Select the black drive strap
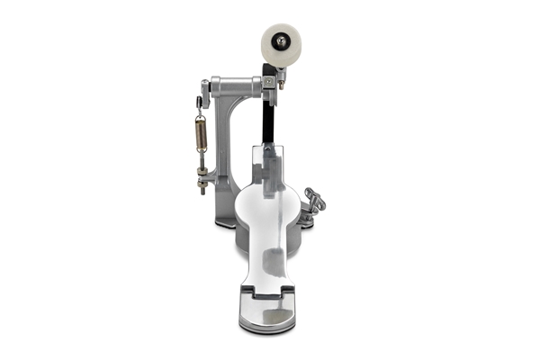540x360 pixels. click(x=267, y=112)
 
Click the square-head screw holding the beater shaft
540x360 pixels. click(x=268, y=82)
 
